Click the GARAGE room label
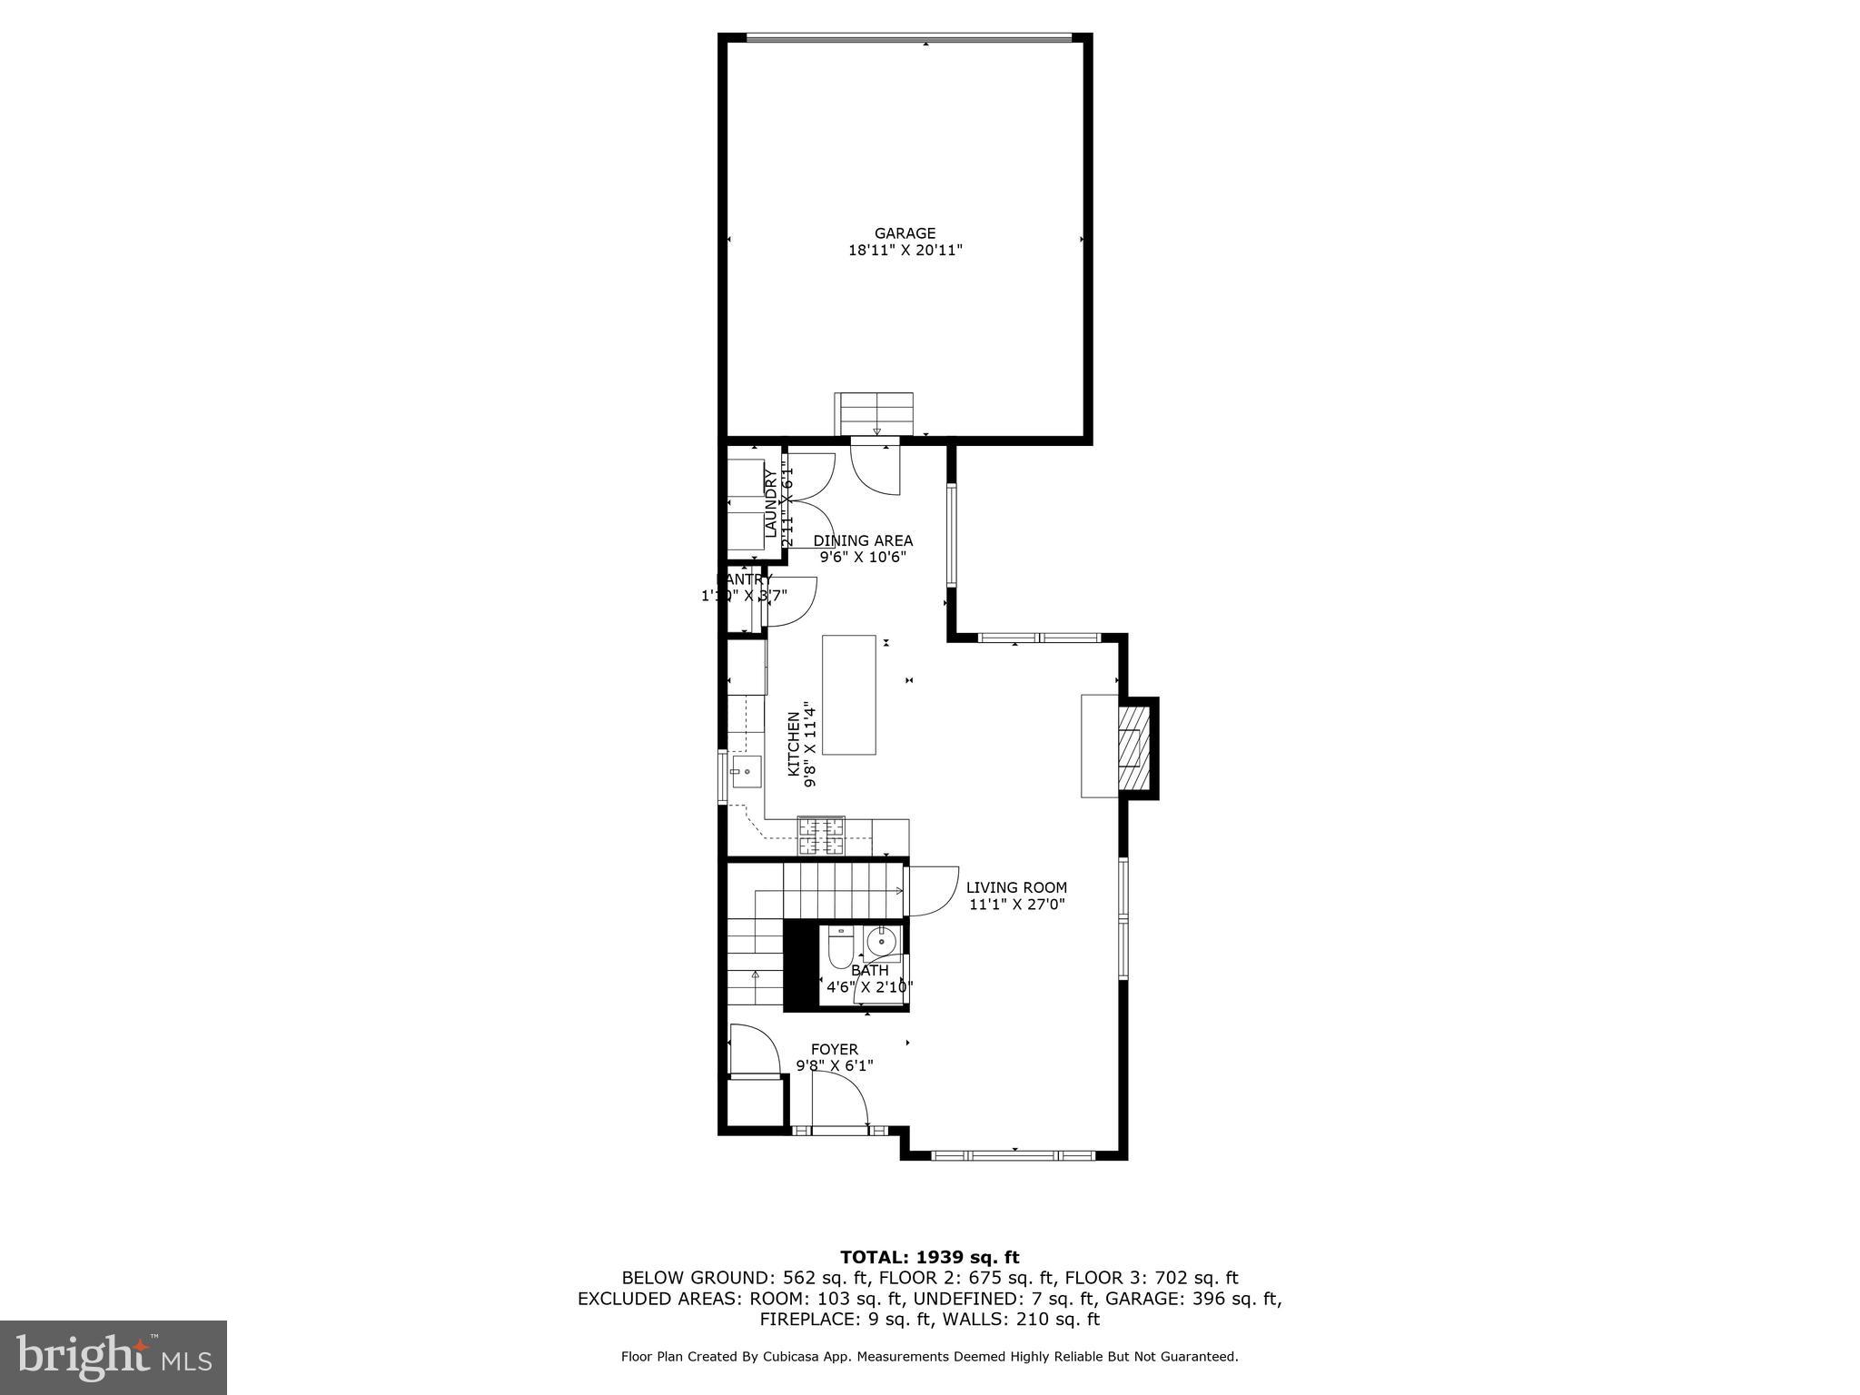[905, 233]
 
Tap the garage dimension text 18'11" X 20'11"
[905, 250]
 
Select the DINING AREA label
[863, 540]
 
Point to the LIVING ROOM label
[1016, 887]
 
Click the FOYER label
[834, 1049]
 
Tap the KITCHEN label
[793, 744]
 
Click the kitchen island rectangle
[849, 695]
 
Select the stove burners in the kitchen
[821, 836]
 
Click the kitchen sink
[747, 772]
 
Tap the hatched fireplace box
[1133, 748]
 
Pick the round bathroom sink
[880, 943]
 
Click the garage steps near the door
[874, 414]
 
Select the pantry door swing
[792, 601]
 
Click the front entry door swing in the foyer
[840, 1100]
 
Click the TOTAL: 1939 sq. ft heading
[929, 1258]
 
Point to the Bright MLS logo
[114, 1357]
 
